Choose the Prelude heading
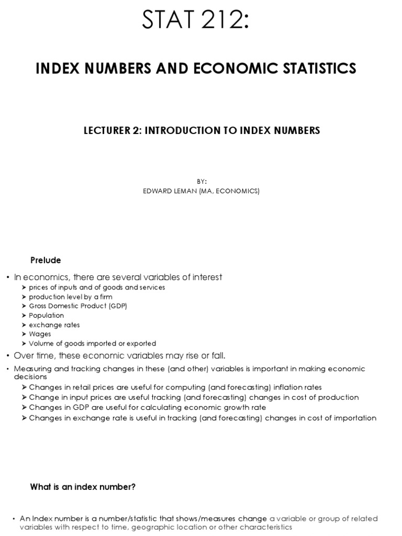[x=46, y=260]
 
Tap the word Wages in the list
[x=40, y=334]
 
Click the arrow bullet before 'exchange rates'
[x=25, y=325]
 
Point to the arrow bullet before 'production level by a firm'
[x=25, y=297]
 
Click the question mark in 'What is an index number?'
[x=133, y=487]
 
